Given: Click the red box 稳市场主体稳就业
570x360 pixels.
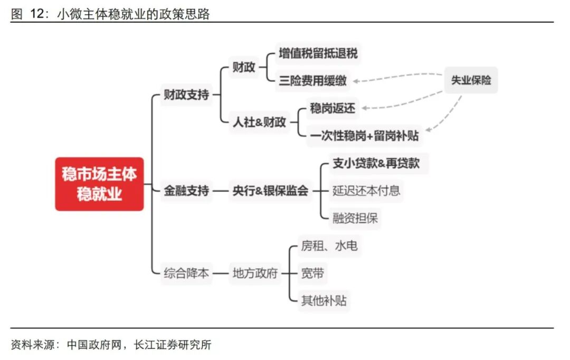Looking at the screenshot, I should click(99, 184).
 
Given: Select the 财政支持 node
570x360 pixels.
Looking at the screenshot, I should click(186, 95).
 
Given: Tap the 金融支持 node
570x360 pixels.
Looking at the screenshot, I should click(186, 191).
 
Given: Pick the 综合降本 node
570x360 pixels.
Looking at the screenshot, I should click(186, 273).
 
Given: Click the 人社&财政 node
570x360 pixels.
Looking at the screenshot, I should click(260, 122).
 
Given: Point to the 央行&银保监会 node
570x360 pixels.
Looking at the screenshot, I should click(270, 191).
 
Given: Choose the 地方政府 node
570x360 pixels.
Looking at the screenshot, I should click(255, 273).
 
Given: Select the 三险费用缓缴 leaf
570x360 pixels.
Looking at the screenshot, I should click(313, 81).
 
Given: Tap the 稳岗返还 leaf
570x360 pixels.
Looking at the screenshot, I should click(332, 109).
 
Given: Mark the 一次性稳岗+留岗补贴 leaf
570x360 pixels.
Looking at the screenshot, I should click(364, 136).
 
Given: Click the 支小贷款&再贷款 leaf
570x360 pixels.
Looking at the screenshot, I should click(376, 163).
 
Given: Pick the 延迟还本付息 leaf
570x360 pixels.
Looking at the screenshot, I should click(366, 191).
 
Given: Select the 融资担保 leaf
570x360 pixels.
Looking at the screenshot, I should click(355, 218).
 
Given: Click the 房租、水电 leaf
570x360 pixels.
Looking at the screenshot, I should click(329, 245).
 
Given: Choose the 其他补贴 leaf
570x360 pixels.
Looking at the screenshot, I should click(324, 301).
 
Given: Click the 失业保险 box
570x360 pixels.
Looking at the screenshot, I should click(471, 80).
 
